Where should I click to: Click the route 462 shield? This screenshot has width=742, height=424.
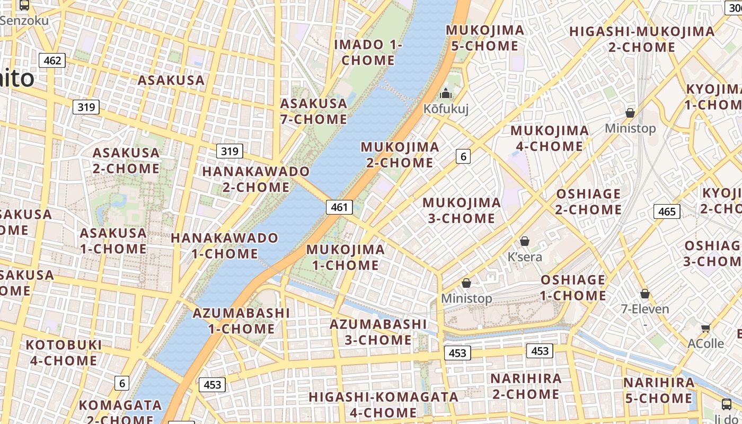pyautogui.click(x=52, y=60)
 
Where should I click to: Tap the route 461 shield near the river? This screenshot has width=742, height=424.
pyautogui.click(x=339, y=207)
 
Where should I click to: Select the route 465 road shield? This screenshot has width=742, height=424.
pyautogui.click(x=666, y=211)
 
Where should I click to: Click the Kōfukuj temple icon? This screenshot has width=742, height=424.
pyautogui.click(x=445, y=94)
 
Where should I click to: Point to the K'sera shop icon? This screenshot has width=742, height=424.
pyautogui.click(x=525, y=242)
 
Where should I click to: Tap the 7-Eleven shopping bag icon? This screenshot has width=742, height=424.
pyautogui.click(x=645, y=294)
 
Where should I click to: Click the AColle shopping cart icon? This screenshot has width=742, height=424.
pyautogui.click(x=705, y=329)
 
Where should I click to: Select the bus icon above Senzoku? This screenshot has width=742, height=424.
pyautogui.click(x=24, y=5)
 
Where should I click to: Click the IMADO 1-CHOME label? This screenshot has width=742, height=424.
pyautogui.click(x=368, y=52)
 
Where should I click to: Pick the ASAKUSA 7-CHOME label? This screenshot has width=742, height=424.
pyautogui.click(x=314, y=111)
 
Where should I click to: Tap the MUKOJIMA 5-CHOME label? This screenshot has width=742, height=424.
pyautogui.click(x=485, y=38)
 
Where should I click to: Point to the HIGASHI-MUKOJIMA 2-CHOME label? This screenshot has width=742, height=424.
pyautogui.click(x=642, y=39)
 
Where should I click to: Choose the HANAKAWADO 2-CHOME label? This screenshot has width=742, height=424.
pyautogui.click(x=256, y=179)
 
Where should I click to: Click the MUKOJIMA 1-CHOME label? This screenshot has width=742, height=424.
pyautogui.click(x=346, y=257)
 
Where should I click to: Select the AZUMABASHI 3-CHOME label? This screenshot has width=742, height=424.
pyautogui.click(x=378, y=332)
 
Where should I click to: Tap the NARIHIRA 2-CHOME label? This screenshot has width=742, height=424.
pyautogui.click(x=526, y=386)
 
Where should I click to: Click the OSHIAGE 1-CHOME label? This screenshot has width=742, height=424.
pyautogui.click(x=573, y=288)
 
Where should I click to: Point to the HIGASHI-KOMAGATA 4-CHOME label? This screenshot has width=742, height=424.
pyautogui.click(x=384, y=404)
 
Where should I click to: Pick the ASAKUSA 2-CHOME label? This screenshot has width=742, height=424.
pyautogui.click(x=126, y=161)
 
